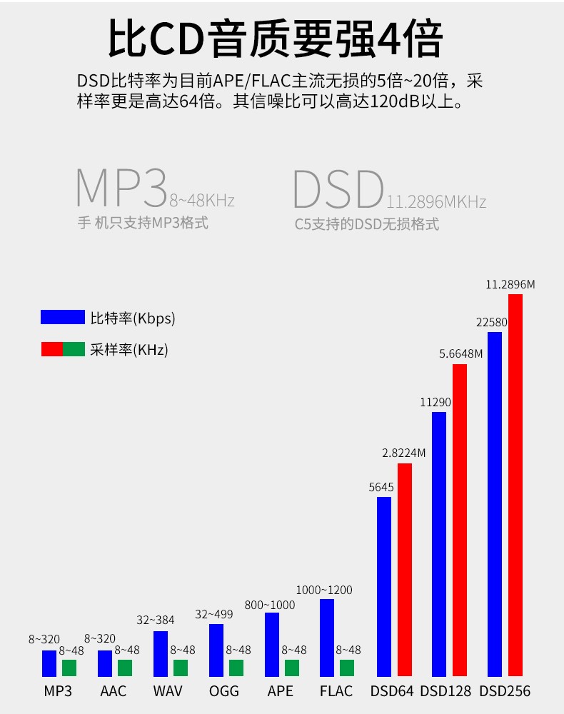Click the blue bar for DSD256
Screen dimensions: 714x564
[494, 503]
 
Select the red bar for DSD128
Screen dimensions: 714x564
[460, 520]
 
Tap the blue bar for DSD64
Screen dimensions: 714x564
[384, 586]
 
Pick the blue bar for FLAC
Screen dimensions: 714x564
[327, 638]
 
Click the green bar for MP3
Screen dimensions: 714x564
[69, 668]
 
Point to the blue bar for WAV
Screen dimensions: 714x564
[161, 653]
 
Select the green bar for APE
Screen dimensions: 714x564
[292, 668]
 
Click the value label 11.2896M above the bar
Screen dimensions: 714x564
[510, 284]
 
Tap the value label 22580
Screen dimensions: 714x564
[492, 322]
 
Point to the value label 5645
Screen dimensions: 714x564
[381, 488]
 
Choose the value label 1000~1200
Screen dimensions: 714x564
[324, 590]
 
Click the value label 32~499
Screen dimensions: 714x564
[214, 614]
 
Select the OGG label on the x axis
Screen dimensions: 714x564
[224, 691]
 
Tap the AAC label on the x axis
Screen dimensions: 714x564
[113, 691]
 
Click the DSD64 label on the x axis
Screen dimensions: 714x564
[391, 691]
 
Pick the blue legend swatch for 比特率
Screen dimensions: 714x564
[62, 317]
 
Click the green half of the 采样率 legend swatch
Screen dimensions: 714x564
[74, 349]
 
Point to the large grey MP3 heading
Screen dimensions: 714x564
[121, 187]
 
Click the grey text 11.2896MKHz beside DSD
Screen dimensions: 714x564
[436, 202]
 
